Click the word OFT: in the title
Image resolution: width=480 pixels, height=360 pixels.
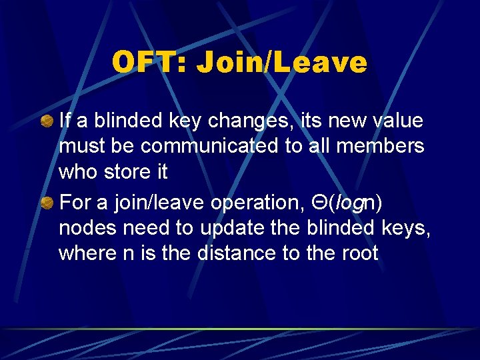151,63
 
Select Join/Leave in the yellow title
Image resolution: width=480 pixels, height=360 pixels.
283,63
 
